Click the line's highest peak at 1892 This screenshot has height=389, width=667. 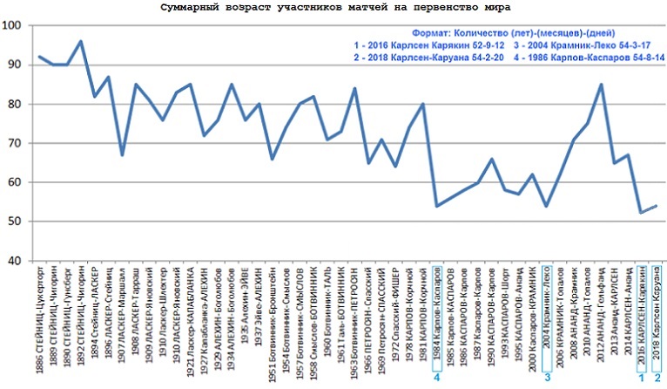pyautogui.click(x=80, y=41)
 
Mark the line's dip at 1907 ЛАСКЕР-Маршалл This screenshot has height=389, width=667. pyautogui.click(x=122, y=154)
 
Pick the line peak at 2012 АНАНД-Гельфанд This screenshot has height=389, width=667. pyautogui.click(x=601, y=85)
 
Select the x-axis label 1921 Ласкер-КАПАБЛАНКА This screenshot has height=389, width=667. pyautogui.click(x=191, y=315)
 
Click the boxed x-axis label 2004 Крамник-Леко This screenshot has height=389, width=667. pyautogui.click(x=547, y=313)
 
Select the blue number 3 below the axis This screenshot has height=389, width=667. pyautogui.click(x=547, y=377)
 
